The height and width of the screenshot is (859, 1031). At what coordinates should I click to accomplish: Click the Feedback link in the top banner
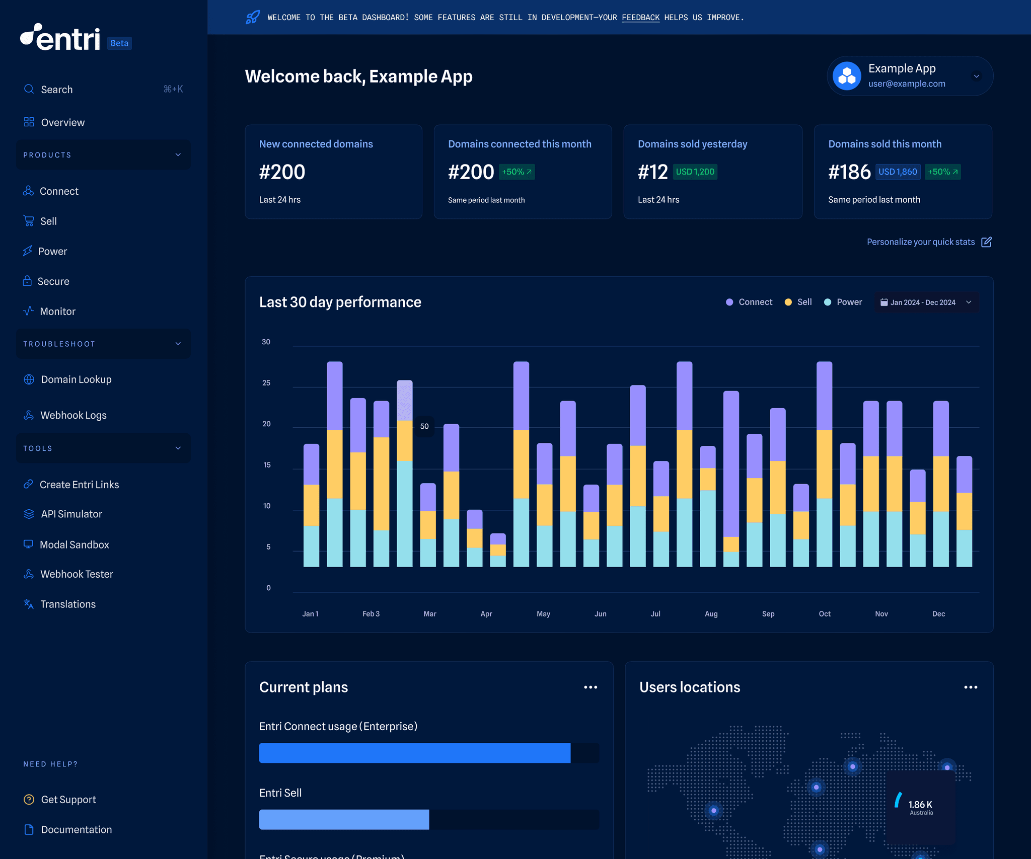[x=640, y=18]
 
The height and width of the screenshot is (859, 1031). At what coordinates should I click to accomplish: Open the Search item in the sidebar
[x=56, y=90]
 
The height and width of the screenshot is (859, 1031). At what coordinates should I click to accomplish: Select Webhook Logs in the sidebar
[x=73, y=415]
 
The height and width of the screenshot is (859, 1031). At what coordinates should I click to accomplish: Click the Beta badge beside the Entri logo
[x=119, y=43]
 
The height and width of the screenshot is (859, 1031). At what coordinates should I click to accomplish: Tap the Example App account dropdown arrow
[x=976, y=76]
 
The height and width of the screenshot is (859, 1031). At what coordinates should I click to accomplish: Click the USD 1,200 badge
[x=695, y=172]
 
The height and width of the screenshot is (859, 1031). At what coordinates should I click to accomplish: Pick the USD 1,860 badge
[x=898, y=172]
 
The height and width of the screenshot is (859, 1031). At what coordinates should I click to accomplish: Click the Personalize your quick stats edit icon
[x=986, y=242]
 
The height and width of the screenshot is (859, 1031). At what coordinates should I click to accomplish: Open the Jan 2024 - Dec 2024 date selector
[x=926, y=302]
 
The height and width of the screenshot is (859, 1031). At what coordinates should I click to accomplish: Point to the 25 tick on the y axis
[x=266, y=383]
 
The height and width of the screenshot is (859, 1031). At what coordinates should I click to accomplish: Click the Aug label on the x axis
[x=711, y=614]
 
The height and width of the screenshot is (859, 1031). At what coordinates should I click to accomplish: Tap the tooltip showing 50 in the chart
[x=424, y=426]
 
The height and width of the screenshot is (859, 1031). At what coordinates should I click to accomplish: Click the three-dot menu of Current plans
[x=591, y=687]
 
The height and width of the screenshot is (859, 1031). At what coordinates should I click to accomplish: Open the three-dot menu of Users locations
[x=971, y=687]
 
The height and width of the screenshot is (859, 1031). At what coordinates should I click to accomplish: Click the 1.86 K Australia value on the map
[x=920, y=805]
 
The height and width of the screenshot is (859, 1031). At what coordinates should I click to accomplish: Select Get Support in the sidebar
[x=68, y=800]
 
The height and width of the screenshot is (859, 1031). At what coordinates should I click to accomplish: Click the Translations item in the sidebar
[x=67, y=604]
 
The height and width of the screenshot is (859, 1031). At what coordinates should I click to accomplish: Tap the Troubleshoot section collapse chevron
[x=178, y=344]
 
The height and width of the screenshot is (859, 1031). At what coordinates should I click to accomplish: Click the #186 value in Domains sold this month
[x=849, y=172]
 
